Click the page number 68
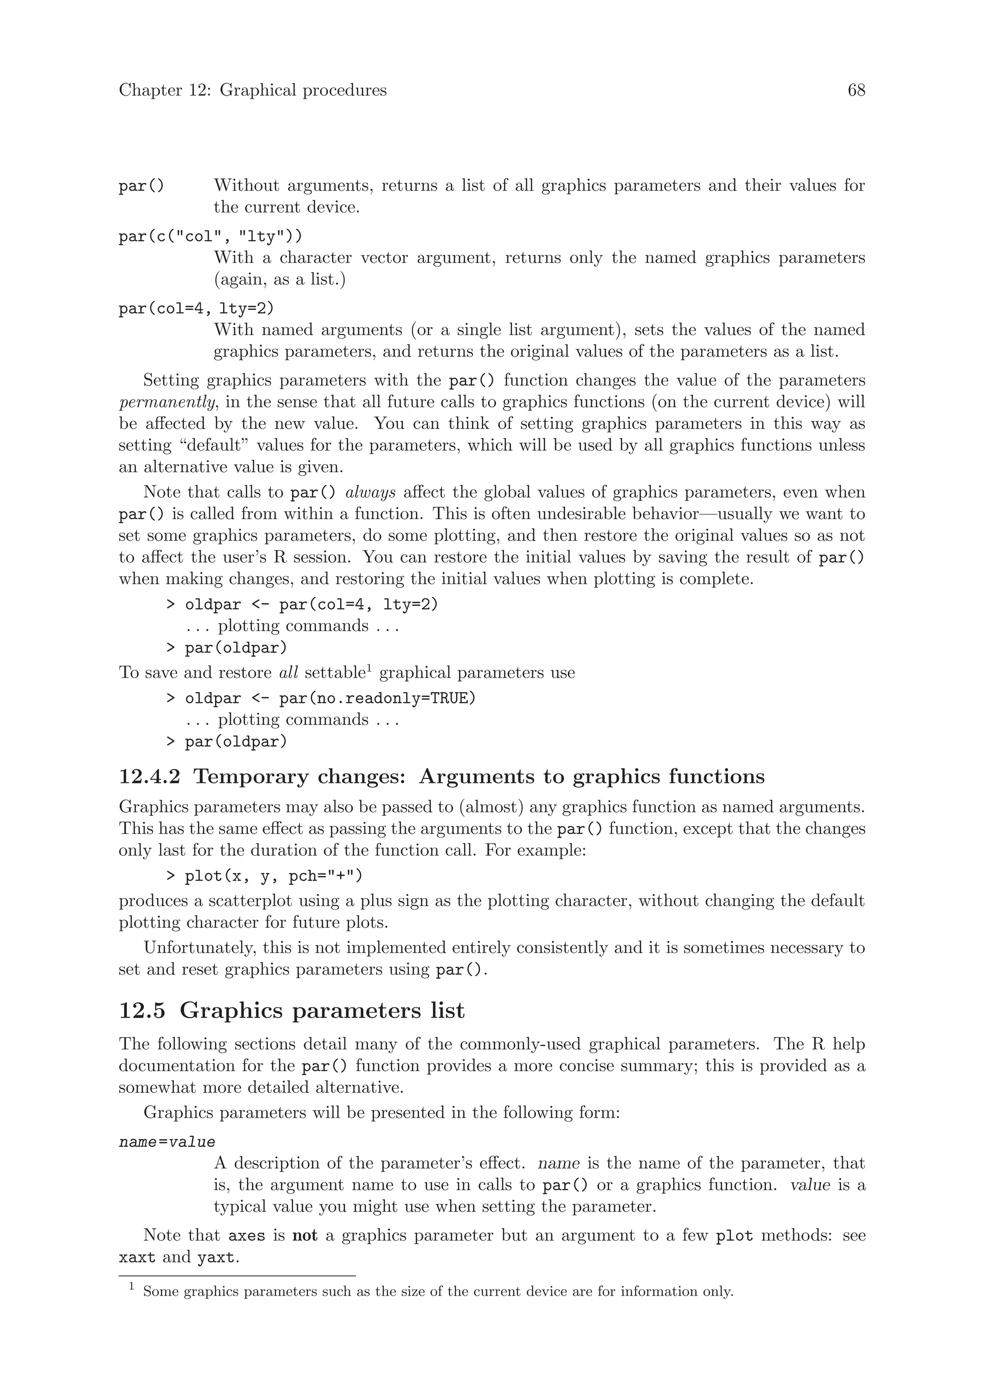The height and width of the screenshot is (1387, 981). pos(856,91)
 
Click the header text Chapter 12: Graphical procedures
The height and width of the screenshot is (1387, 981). pos(252,91)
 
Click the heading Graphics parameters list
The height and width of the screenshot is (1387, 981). pos(322,1011)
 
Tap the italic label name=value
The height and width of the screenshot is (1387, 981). pos(167,1142)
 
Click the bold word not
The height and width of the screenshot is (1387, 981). pos(305,1236)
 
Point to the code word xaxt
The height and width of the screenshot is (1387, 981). pos(137,1258)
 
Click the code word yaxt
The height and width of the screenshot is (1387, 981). pos(215,1258)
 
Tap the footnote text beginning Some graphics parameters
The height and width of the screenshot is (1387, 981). pos(437,1292)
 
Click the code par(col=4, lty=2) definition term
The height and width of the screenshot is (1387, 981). pos(196,309)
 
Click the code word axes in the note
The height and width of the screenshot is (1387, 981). pos(247,1236)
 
